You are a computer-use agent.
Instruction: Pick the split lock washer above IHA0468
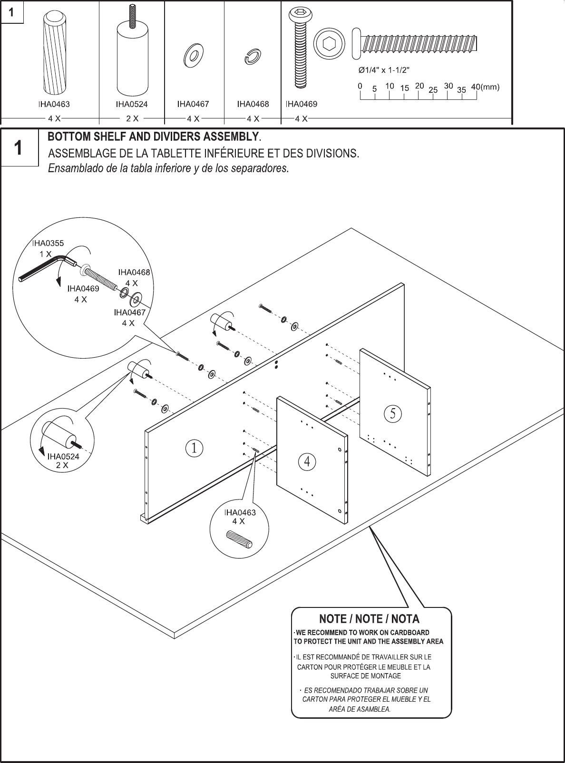(253, 56)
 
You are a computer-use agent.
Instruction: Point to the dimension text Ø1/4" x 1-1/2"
(384, 70)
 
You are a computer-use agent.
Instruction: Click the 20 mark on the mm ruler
(419, 86)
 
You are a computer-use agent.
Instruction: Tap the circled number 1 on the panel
(195, 448)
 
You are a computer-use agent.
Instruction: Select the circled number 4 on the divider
(307, 461)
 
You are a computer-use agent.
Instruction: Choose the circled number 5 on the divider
(393, 413)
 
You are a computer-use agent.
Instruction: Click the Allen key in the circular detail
(46, 269)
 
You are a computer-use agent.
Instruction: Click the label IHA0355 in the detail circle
(48, 243)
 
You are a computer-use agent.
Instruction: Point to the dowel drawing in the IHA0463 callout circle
(240, 540)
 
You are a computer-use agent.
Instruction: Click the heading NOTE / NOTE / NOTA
(369, 619)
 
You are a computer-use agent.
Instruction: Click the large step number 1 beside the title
(18, 148)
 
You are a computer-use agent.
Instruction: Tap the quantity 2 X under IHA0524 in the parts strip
(132, 118)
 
